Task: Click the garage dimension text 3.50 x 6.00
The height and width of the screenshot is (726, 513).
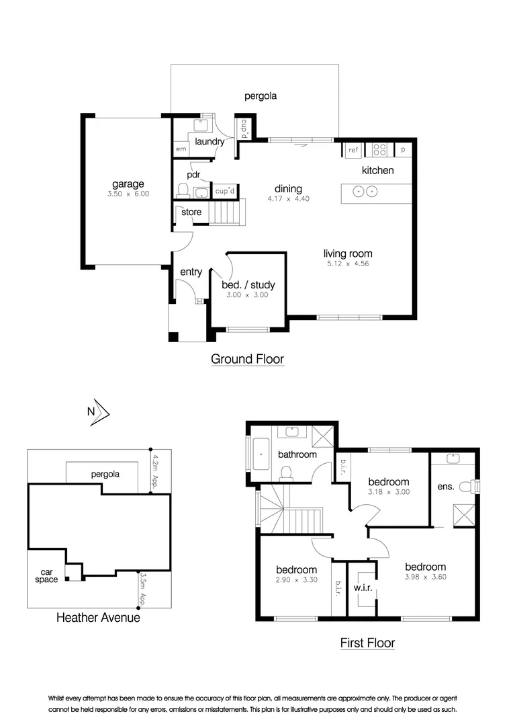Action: (x=128, y=194)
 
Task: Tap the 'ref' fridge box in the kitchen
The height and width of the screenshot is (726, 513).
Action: (x=353, y=151)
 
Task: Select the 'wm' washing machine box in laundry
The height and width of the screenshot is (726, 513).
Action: (x=180, y=149)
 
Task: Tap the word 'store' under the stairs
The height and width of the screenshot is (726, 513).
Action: (x=191, y=212)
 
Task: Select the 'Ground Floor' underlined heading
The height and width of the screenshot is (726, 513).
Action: (x=247, y=359)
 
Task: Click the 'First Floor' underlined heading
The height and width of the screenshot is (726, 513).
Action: (x=367, y=643)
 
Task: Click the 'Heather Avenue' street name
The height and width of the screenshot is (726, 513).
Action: (x=98, y=617)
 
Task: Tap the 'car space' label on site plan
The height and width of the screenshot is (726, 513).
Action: (x=47, y=575)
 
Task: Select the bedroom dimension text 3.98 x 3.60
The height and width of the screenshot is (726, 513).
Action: (x=425, y=577)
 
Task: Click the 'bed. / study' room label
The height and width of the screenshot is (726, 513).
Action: (x=248, y=285)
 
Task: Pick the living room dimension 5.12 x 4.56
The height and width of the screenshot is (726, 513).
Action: (x=348, y=264)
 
